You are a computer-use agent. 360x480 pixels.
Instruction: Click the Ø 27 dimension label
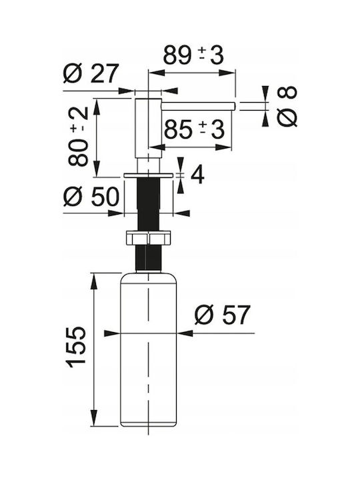[x=91, y=73]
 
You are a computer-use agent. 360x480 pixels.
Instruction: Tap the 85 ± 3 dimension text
[x=194, y=129]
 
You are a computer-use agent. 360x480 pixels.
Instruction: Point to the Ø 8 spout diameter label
[x=287, y=106]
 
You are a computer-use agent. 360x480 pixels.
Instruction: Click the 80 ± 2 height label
[x=79, y=136]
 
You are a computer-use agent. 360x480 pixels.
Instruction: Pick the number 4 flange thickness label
[x=197, y=175]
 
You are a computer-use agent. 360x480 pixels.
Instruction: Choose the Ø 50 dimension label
[x=91, y=197]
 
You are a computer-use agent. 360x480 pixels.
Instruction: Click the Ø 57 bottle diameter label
[x=223, y=315]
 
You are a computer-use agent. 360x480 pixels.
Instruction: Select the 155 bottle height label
[x=76, y=347]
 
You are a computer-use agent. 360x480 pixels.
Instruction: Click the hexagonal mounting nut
[x=149, y=238]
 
